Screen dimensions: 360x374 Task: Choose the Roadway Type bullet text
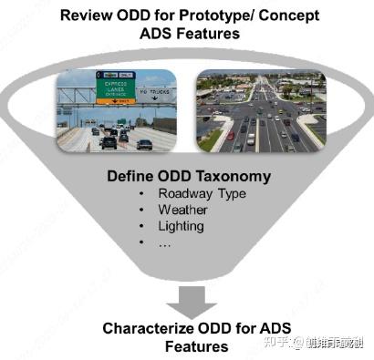(203, 193)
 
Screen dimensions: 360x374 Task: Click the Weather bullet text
(182, 211)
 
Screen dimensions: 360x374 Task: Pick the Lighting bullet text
(181, 227)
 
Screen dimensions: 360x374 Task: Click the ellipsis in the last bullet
(165, 243)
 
